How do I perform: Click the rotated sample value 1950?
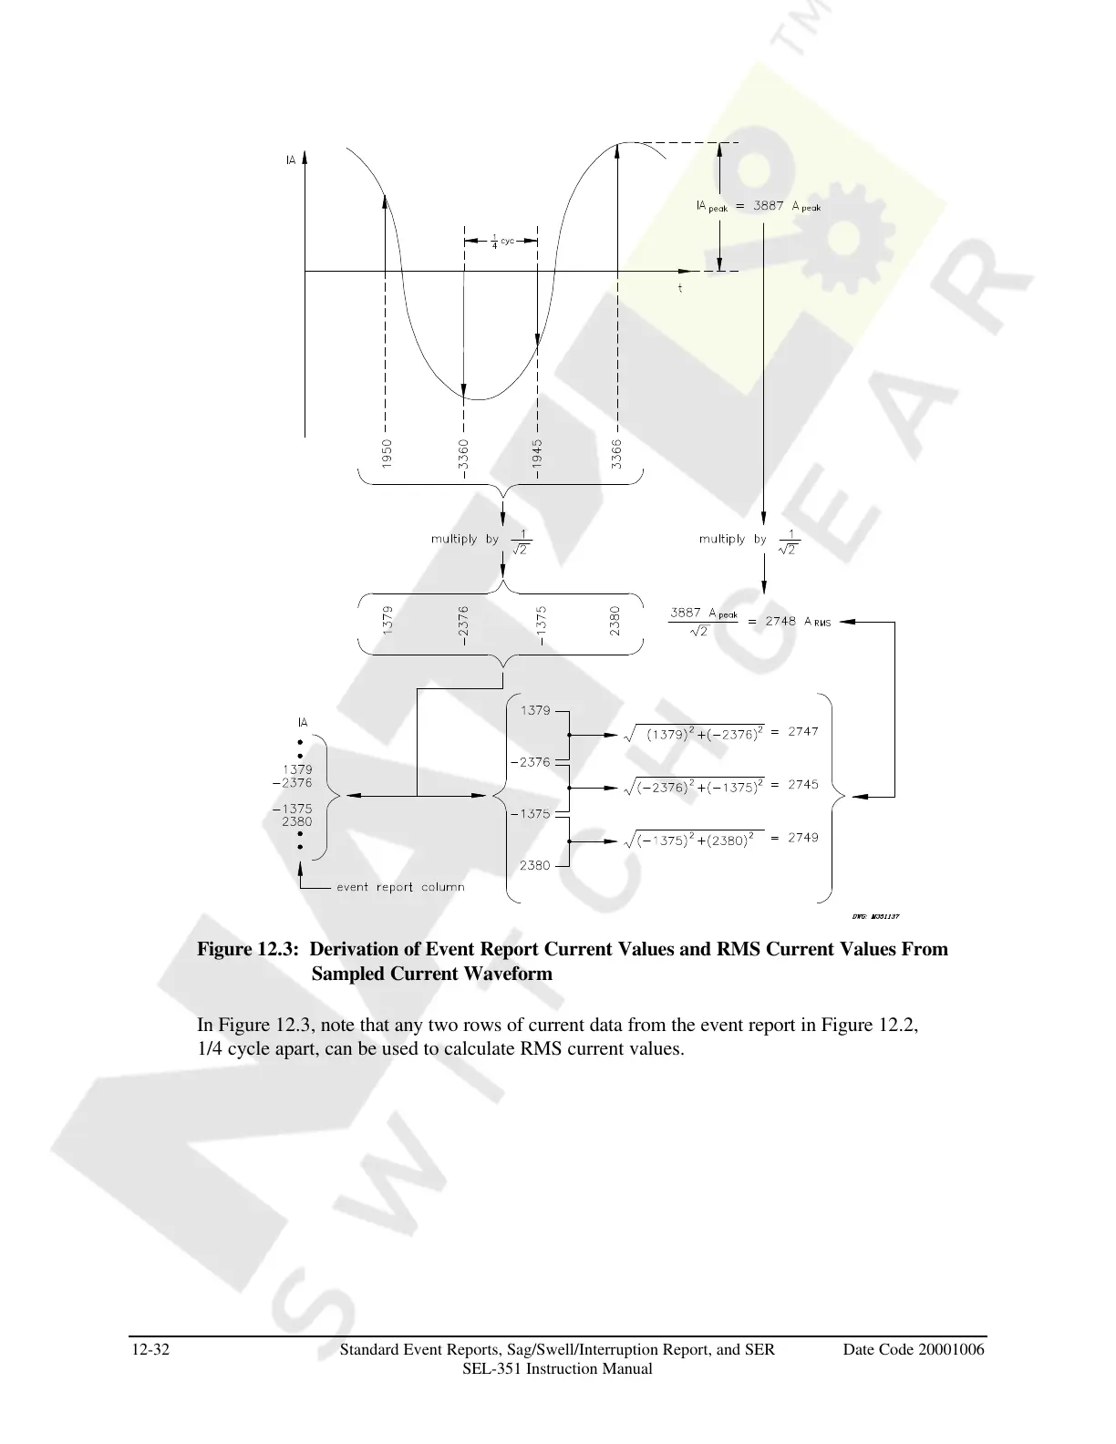(x=387, y=453)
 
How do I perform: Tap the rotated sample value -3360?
(x=464, y=454)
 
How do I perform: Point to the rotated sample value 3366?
(x=617, y=453)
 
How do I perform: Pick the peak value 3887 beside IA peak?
(x=768, y=206)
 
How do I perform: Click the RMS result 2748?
(x=780, y=621)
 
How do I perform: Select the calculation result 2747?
(x=803, y=731)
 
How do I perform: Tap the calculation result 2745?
(x=803, y=784)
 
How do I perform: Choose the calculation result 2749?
(x=803, y=837)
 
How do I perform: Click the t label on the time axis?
(x=680, y=288)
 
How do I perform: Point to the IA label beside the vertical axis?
(x=291, y=160)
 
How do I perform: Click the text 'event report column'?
(x=400, y=887)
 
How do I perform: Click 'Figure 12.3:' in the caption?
(x=247, y=950)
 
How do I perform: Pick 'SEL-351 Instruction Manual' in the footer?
(x=557, y=1369)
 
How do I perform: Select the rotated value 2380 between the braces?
(x=615, y=622)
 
